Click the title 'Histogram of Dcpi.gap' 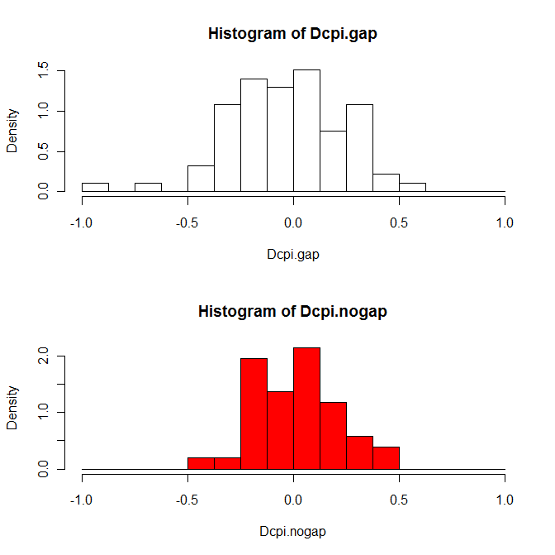tap(293, 34)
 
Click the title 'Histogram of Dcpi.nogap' tap(293, 312)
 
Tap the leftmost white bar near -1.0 tap(95, 187)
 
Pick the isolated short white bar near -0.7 tap(148, 187)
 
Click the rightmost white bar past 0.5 tap(412, 187)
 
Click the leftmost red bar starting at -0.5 tap(201, 463)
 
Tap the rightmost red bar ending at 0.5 tap(386, 458)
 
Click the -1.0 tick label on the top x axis tap(81, 222)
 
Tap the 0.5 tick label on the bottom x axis tap(399, 500)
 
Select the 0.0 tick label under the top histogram tap(293, 222)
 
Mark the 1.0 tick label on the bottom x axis tap(505, 500)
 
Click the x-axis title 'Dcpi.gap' tap(293, 254)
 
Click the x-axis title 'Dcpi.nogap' tap(293, 532)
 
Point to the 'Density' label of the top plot tap(12, 132)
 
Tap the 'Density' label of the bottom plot tap(12, 409)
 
